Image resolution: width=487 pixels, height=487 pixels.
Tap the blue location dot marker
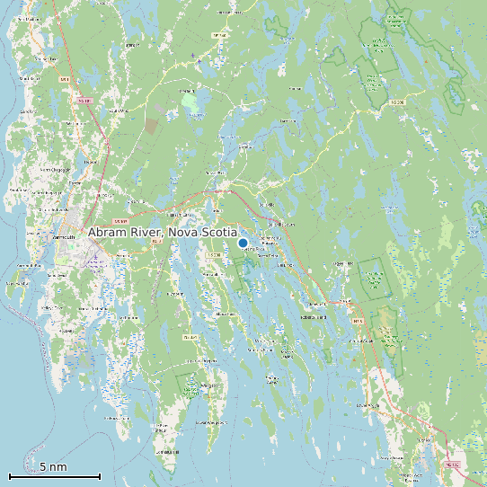tap(243, 243)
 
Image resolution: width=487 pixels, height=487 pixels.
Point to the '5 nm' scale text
tap(53, 467)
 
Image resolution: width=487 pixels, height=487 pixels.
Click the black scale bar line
tap(54, 476)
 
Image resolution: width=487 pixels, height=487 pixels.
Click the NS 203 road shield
tap(399, 103)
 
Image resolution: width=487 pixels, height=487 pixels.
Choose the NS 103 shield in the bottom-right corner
tap(452, 465)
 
